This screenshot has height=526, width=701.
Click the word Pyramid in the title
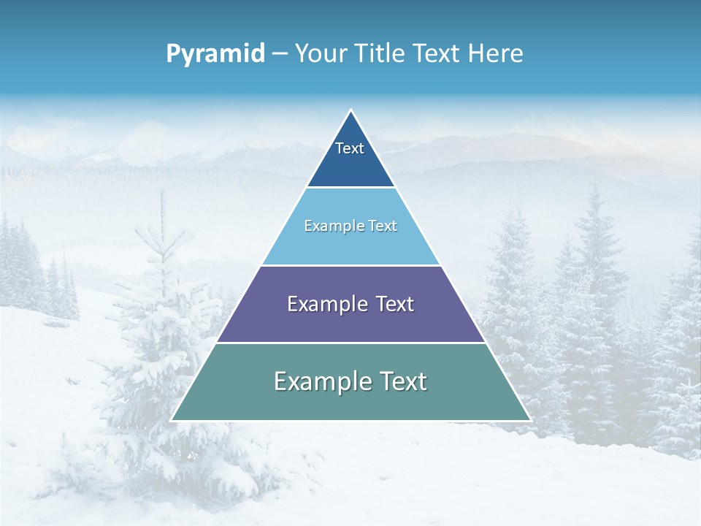pyautogui.click(x=215, y=54)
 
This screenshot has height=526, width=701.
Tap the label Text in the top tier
pyautogui.click(x=350, y=148)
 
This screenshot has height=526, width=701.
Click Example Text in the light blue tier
pyautogui.click(x=350, y=226)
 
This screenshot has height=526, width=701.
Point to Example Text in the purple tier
pyautogui.click(x=350, y=304)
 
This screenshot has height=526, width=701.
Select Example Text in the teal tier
pyautogui.click(x=350, y=381)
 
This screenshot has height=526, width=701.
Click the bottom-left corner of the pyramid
pyautogui.click(x=172, y=420)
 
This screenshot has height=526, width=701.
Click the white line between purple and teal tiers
pyautogui.click(x=350, y=343)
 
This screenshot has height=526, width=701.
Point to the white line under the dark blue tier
pyautogui.click(x=350, y=188)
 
